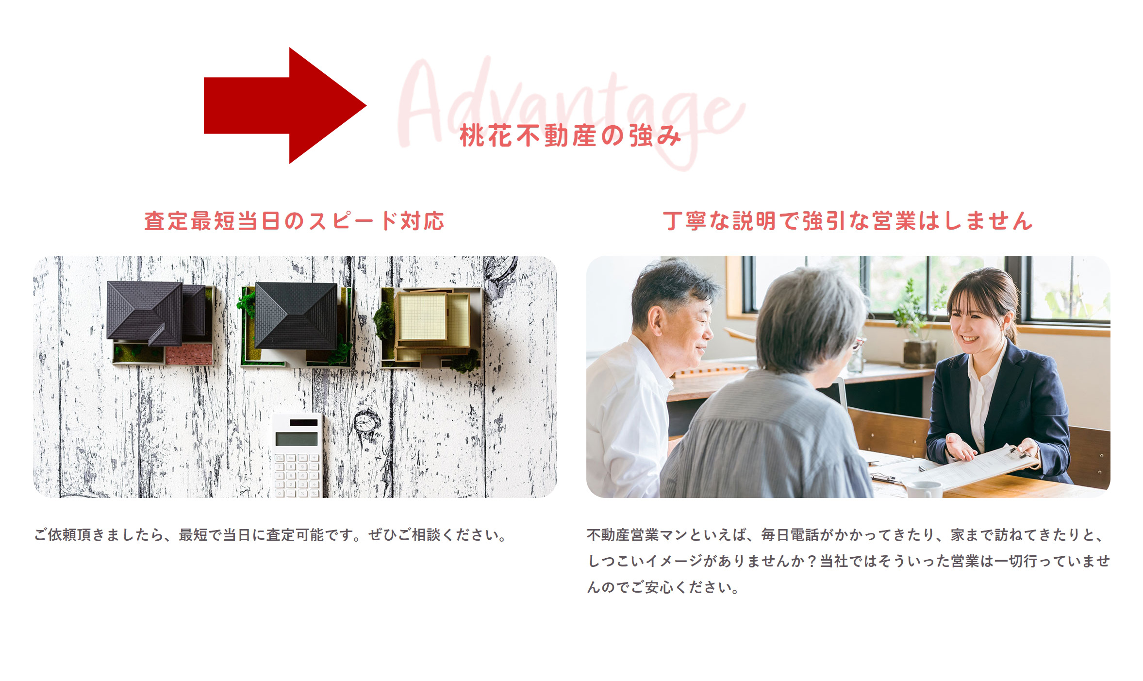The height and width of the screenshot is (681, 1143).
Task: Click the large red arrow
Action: click(x=285, y=105)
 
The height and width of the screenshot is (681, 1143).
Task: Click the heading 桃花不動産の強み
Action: click(x=571, y=136)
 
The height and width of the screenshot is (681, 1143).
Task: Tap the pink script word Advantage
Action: click(x=571, y=112)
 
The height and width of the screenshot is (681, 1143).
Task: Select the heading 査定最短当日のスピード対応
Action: click(x=294, y=221)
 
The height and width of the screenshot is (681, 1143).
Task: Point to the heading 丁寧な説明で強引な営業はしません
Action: click(x=848, y=221)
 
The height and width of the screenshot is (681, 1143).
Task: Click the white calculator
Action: click(x=297, y=455)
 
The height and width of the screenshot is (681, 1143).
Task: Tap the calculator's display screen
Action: click(x=296, y=439)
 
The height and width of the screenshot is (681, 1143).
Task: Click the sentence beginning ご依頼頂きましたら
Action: click(x=271, y=535)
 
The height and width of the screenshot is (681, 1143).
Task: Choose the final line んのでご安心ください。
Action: click(x=663, y=587)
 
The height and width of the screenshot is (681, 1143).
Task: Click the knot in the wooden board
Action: click(x=367, y=421)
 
